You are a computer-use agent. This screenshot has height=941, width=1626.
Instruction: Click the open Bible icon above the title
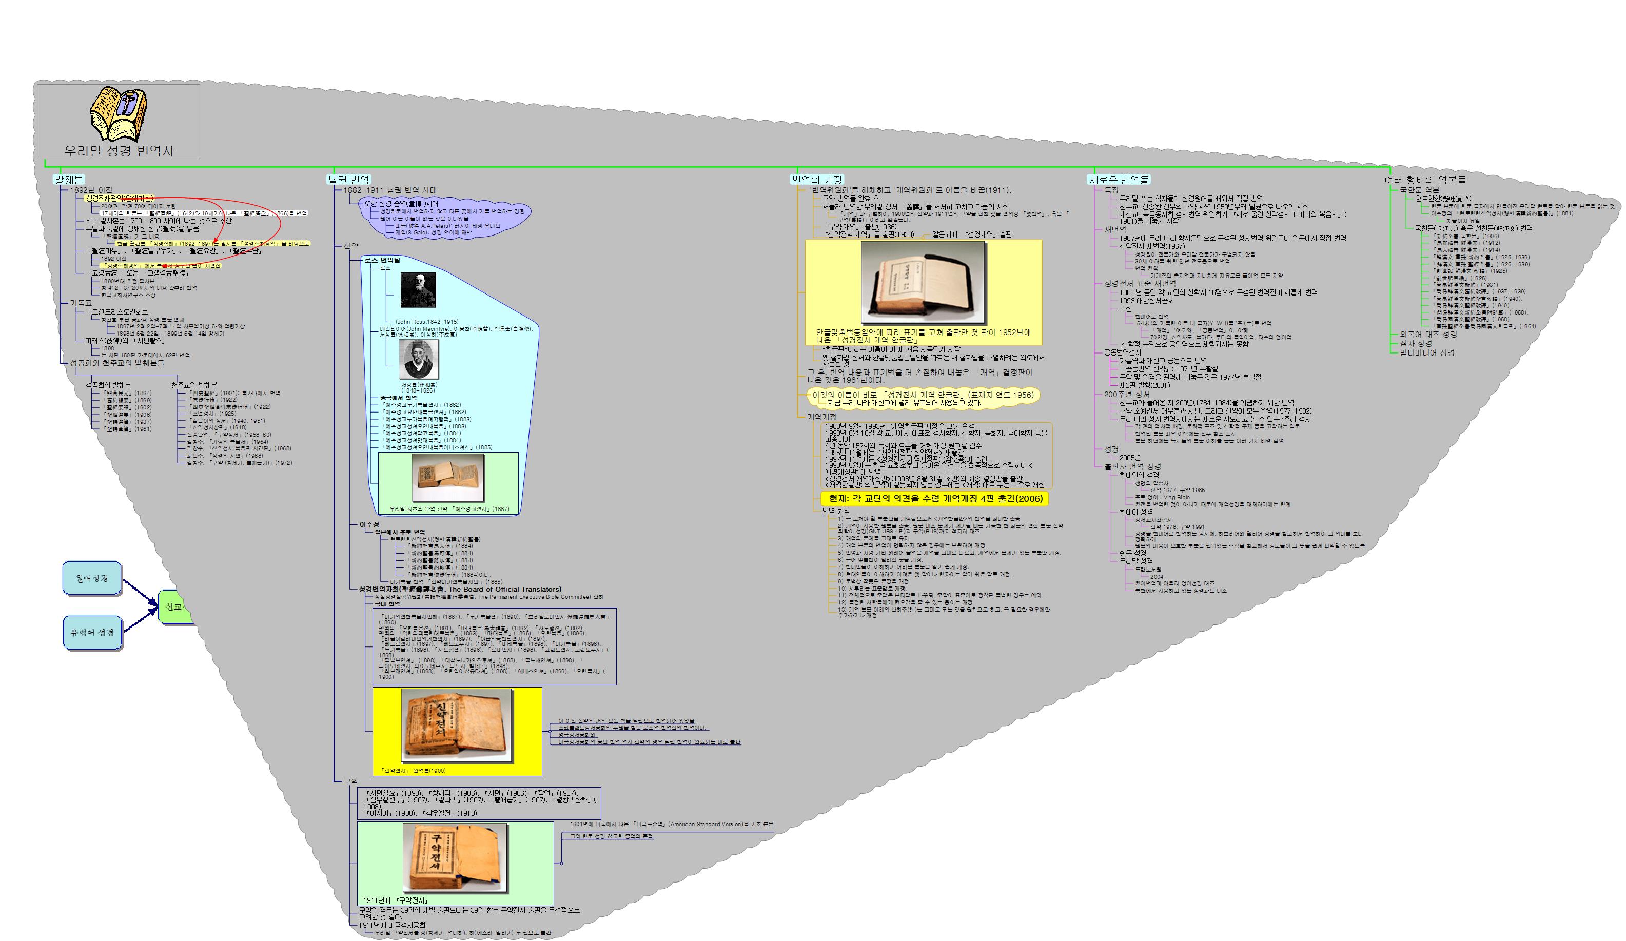(118, 115)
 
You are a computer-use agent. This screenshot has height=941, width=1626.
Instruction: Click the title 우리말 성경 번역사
(119, 150)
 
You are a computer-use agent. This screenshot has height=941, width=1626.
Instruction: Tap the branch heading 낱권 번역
(348, 180)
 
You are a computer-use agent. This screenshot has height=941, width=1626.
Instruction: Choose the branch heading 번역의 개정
(817, 180)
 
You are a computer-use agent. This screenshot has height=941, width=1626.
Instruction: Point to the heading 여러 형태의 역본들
(1425, 180)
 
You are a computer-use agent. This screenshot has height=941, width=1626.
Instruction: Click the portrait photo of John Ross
(418, 290)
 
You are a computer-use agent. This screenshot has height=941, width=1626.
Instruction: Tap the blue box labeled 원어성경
(92, 578)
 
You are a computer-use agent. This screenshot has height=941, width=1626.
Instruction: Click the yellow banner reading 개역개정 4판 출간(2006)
(935, 498)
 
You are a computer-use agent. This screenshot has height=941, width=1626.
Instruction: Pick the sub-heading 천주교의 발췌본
(194, 385)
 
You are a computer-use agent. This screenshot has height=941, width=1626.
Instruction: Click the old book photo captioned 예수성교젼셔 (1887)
(448, 478)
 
